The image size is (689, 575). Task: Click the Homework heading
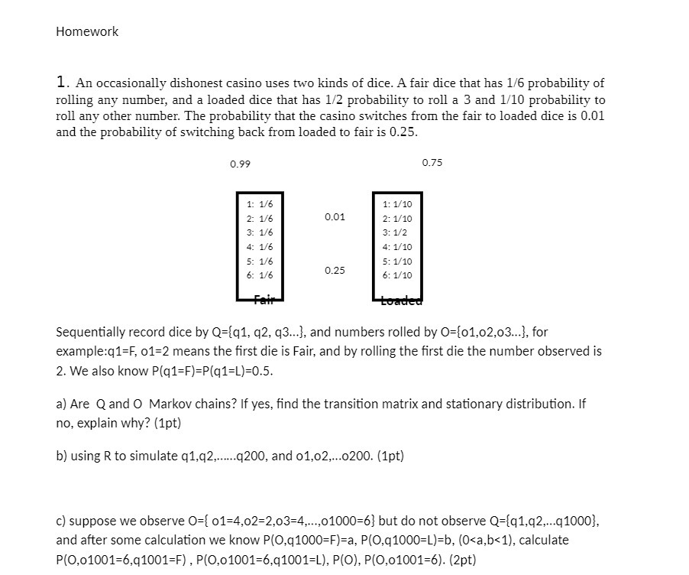click(87, 32)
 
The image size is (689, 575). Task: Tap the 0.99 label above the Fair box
click(240, 164)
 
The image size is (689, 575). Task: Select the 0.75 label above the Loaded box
click(432, 163)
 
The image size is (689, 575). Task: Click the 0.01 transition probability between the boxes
click(335, 217)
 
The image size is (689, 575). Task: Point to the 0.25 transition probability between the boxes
click(335, 271)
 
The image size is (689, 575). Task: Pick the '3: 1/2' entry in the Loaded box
click(395, 232)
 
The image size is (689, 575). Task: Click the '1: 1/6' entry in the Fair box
click(260, 204)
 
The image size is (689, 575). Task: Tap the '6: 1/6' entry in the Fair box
click(260, 275)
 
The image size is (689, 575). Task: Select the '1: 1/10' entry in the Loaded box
click(397, 204)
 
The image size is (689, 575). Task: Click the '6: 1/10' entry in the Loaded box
click(397, 275)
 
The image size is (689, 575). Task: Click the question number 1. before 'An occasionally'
click(63, 83)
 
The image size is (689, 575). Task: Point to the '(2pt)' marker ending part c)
click(461, 560)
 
